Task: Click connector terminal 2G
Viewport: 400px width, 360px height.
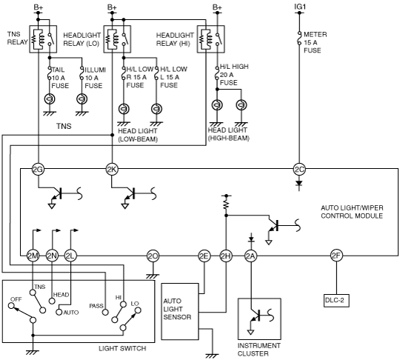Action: point(38,169)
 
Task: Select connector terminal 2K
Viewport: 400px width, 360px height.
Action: point(112,169)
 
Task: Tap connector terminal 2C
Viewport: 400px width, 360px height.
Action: point(299,169)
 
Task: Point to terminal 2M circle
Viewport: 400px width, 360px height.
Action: point(33,256)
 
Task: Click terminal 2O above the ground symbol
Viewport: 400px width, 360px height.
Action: point(153,256)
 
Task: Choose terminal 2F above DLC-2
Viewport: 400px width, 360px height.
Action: point(336,256)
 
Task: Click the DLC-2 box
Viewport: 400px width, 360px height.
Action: point(336,301)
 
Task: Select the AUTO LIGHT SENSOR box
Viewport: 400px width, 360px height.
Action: point(180,312)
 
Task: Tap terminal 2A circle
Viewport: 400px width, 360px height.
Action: point(251,256)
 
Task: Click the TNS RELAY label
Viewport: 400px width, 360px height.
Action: point(17,39)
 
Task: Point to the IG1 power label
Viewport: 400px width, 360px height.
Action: point(300,7)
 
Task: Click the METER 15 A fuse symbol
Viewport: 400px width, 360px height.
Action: point(299,39)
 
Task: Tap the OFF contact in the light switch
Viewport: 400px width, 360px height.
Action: point(11,305)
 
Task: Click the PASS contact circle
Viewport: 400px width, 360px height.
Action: point(105,313)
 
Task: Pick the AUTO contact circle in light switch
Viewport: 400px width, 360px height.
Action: point(59,313)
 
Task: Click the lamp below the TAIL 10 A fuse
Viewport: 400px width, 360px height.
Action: point(50,99)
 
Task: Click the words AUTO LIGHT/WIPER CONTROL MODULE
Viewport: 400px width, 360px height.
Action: point(352,212)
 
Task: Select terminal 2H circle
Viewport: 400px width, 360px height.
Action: point(226,256)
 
